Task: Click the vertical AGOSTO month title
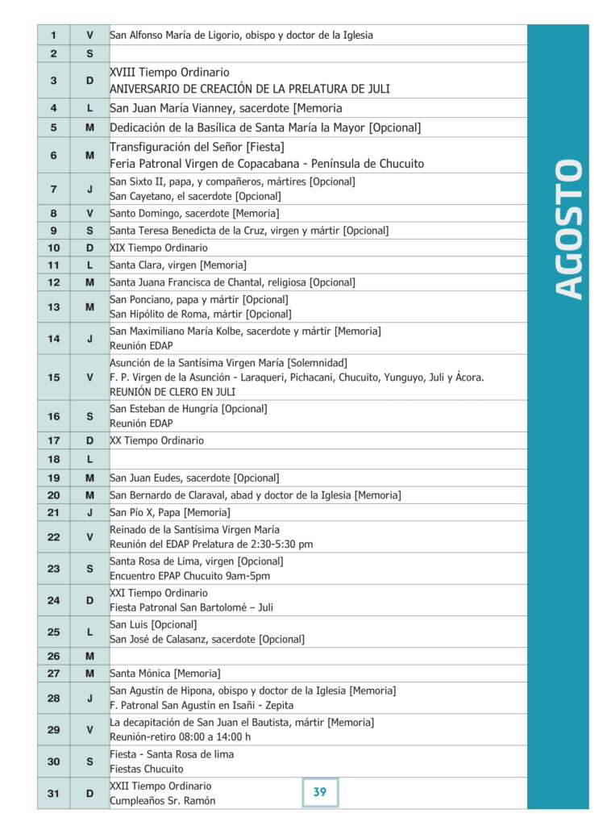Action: [x=570, y=230]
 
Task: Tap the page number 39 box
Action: [x=320, y=792]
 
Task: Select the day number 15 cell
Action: [x=53, y=377]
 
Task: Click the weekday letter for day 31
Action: [x=89, y=794]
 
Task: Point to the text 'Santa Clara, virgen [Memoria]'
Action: [x=178, y=265]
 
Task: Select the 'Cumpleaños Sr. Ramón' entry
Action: [x=162, y=801]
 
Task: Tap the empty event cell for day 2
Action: [x=318, y=54]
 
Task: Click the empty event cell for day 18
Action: [x=318, y=459]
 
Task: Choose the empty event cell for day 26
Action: [x=318, y=656]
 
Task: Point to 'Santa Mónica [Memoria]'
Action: [x=164, y=674]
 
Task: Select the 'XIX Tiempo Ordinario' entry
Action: [x=159, y=248]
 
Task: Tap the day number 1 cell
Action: [x=53, y=35]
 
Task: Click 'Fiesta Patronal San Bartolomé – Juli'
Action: [x=191, y=607]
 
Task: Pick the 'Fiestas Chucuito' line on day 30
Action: [x=146, y=769]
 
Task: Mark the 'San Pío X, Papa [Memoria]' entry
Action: [x=169, y=512]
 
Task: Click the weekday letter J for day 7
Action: [x=89, y=189]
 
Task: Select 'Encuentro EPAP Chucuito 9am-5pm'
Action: [x=189, y=576]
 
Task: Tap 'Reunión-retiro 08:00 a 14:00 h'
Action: [x=180, y=736]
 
